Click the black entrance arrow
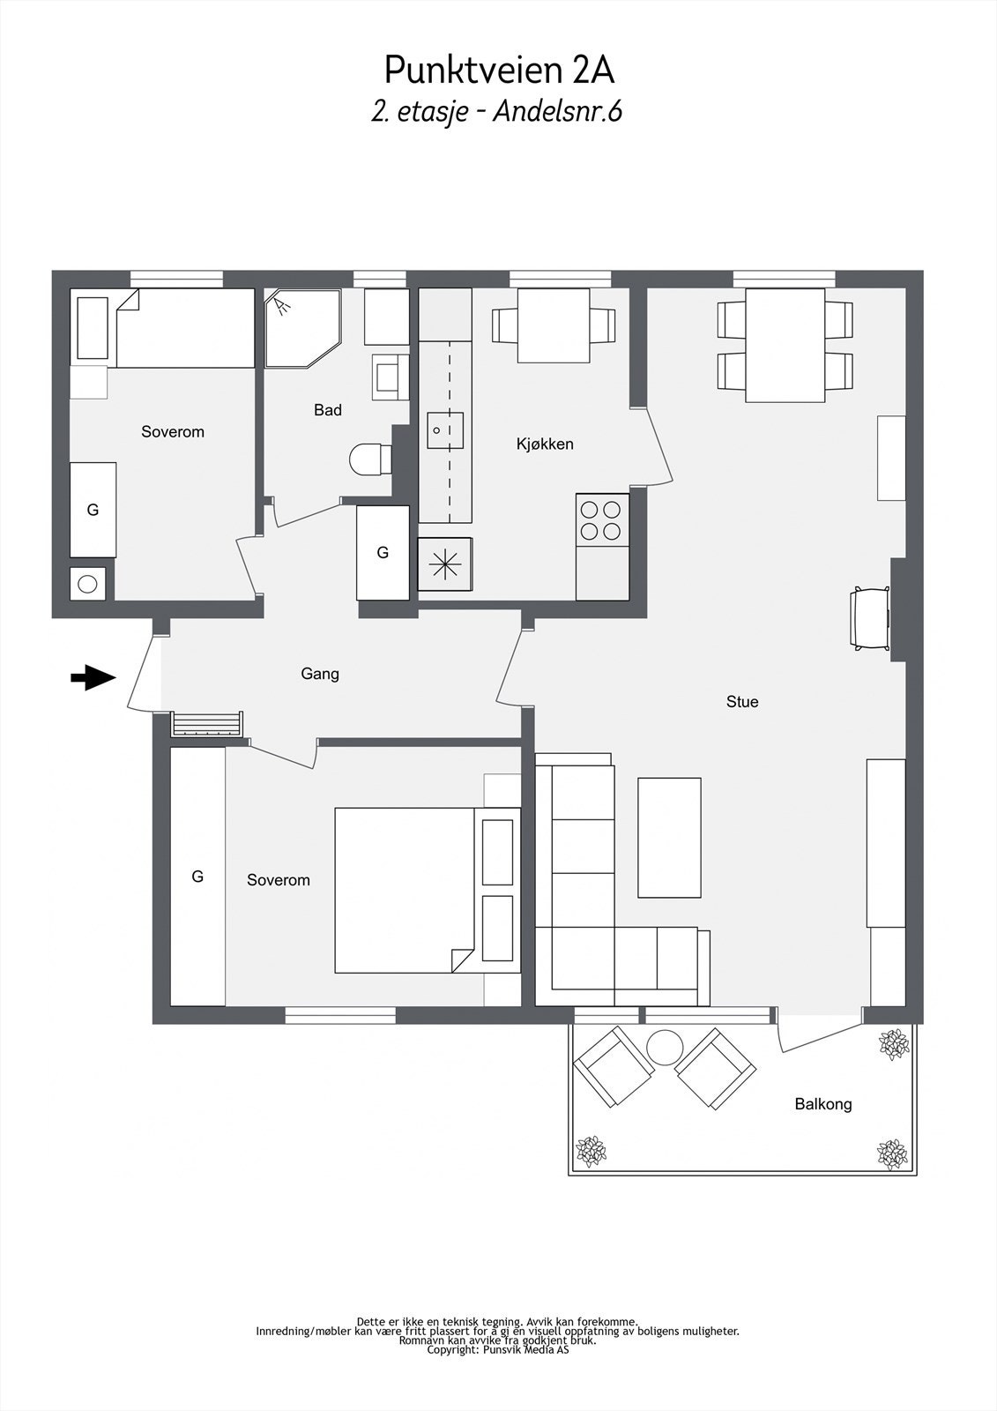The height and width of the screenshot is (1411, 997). [x=93, y=678]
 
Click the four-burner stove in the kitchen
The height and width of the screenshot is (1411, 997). [x=602, y=519]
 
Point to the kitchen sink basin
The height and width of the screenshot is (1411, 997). [x=445, y=430]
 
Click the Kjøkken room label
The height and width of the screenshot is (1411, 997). [x=545, y=444]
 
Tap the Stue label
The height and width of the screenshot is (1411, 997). [x=742, y=702]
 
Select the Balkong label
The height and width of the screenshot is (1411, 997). [x=823, y=1104]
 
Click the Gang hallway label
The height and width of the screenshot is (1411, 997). [x=320, y=674]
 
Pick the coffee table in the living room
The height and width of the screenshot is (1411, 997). [x=669, y=837]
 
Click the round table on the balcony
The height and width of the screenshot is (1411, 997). [x=665, y=1047]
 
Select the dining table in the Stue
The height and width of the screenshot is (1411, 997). [x=785, y=345]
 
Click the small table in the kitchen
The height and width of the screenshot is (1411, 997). [x=554, y=325]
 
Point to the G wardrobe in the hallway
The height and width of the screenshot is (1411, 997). [x=383, y=552]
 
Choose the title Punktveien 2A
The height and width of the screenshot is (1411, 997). [x=499, y=70]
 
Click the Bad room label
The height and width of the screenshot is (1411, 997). [x=328, y=410]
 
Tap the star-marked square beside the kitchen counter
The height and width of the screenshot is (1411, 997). [x=444, y=564]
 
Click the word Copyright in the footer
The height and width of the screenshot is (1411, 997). [x=452, y=1349]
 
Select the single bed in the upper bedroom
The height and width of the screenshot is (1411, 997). [x=186, y=327]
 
